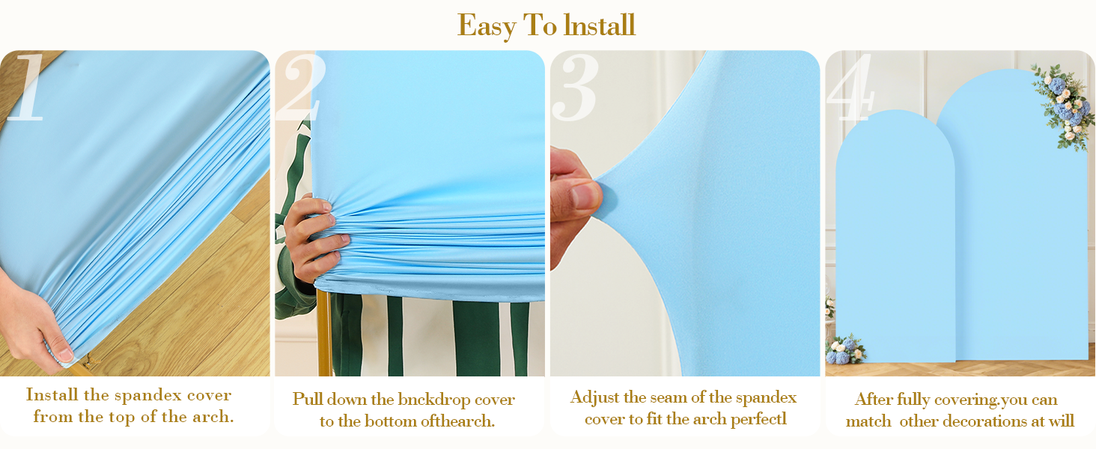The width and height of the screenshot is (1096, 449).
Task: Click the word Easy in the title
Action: [486, 25]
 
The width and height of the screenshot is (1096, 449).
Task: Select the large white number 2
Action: [299, 88]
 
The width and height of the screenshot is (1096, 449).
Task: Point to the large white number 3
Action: [575, 88]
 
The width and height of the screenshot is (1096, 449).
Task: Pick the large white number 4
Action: [850, 88]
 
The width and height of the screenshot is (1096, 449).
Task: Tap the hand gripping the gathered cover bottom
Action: [314, 236]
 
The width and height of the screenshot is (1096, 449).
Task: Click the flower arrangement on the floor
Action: [844, 349]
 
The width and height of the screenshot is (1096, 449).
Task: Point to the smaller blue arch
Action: [895, 239]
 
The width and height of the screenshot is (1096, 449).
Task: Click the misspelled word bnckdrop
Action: [434, 399]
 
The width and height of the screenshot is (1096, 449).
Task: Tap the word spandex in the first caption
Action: [147, 395]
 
